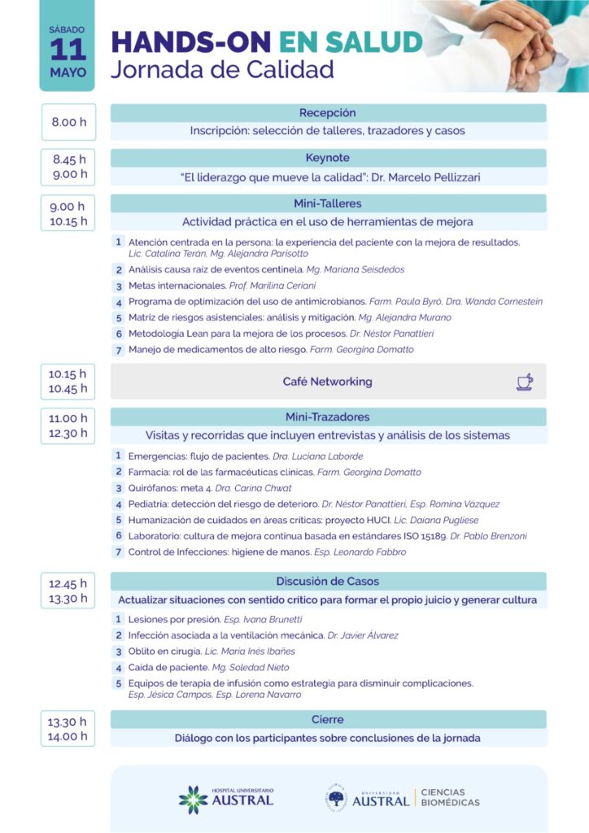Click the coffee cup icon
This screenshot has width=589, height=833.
pos(525,382)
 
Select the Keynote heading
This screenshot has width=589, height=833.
pos(328,158)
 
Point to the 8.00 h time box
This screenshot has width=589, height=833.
pos(68,122)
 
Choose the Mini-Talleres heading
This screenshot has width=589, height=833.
pos(328,203)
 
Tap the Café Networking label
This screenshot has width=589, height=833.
pos(328,382)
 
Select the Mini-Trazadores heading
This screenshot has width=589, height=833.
pos(328,417)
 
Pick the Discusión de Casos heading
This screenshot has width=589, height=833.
pos(328,581)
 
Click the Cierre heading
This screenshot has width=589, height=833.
pos(328,719)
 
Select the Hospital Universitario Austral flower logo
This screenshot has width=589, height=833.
pos(193,799)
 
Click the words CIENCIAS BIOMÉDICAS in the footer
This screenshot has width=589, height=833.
pos(450,798)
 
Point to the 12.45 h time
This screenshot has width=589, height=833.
pos(68,583)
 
